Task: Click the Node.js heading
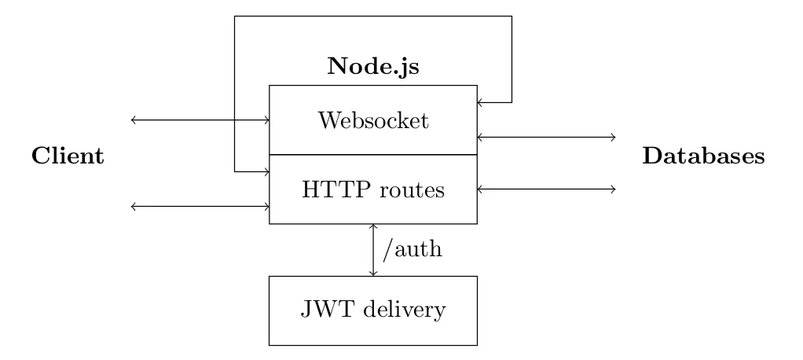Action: click(372, 67)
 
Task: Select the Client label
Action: click(68, 156)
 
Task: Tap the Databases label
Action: click(704, 156)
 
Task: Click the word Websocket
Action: click(373, 121)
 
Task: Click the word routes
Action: click(412, 190)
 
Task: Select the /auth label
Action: click(412, 249)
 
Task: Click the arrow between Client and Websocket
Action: click(200, 120)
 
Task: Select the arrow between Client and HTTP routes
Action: click(200, 207)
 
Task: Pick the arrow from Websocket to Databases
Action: click(546, 138)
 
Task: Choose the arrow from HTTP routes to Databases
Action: click(546, 189)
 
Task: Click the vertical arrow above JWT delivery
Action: click(373, 250)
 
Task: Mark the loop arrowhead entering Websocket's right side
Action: click(480, 102)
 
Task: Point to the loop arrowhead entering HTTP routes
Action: click(267, 171)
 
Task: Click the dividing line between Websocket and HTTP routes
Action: click(373, 155)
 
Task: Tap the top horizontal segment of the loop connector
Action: click(372, 17)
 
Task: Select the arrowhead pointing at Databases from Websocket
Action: click(613, 138)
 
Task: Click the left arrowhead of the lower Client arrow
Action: click(134, 207)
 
